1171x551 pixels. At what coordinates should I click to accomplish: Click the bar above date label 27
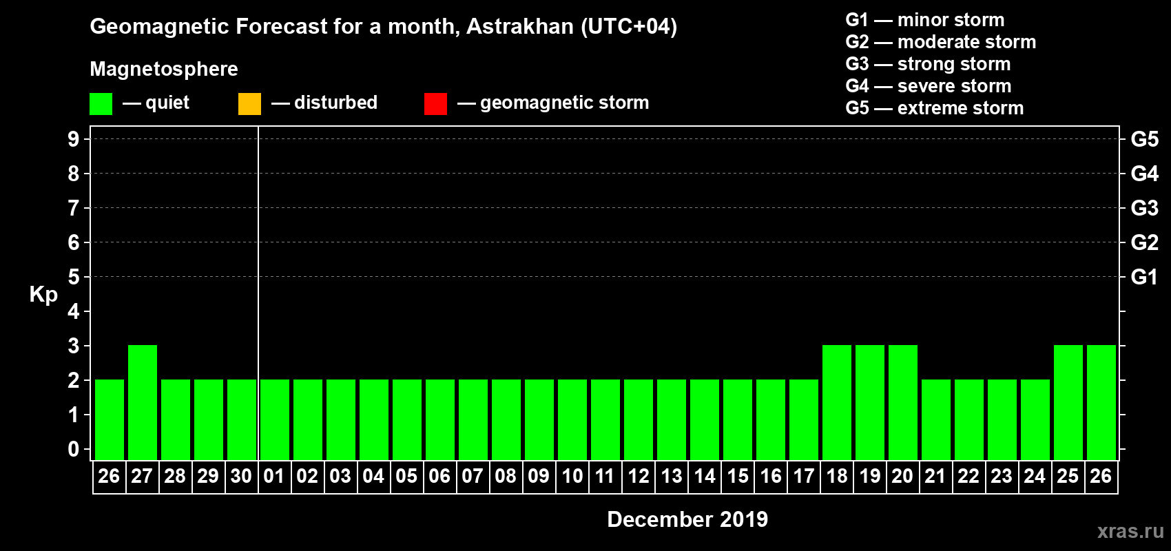coord(143,402)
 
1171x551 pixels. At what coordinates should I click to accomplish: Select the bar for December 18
coord(837,402)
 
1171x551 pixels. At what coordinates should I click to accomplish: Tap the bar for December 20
coord(903,402)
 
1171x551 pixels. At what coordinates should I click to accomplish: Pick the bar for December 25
coord(1068,402)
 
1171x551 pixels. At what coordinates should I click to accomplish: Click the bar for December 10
coord(572,419)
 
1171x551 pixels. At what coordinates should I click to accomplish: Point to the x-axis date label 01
coord(274,476)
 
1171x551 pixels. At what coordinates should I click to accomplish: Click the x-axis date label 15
coord(738,476)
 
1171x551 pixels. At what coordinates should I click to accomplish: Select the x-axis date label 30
coord(241,476)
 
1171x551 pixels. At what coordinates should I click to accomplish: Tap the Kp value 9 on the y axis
coord(74,139)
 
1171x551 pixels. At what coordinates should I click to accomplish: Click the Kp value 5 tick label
coord(74,277)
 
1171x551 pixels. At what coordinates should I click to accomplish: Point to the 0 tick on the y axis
coord(74,449)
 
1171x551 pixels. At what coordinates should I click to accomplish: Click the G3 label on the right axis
coord(1144,208)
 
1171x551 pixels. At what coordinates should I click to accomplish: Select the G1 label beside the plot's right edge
coord(1144,277)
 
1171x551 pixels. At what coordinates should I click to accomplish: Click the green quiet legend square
coord(101,104)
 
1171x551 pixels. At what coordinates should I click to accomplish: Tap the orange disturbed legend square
coord(249,104)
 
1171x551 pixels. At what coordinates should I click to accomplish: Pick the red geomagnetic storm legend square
coord(435,104)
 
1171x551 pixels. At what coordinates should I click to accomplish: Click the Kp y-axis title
coord(43,294)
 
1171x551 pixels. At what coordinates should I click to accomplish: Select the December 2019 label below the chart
coord(687,519)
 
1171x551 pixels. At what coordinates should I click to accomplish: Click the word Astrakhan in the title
coord(520,26)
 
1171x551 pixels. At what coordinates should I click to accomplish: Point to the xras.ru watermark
coord(1130,531)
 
